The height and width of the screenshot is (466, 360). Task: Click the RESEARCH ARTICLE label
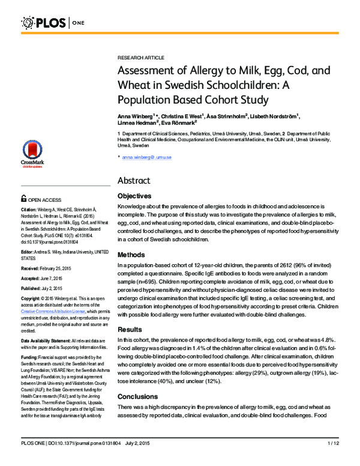[140, 57]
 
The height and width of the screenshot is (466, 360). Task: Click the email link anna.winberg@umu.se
[147, 157]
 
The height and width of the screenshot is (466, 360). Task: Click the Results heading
[130, 330]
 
